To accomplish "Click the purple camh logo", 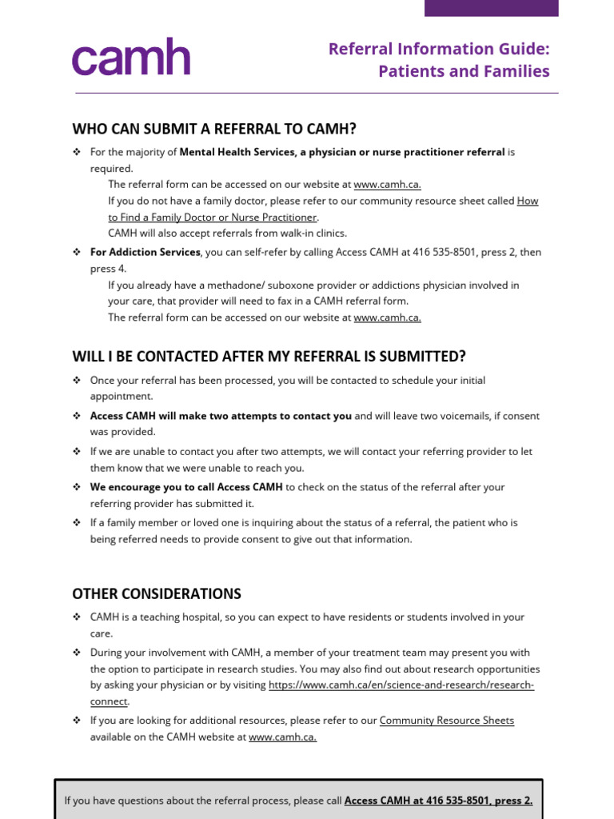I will (131, 58).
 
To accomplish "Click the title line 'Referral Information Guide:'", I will (439, 49).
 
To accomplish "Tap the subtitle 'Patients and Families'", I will (464, 71).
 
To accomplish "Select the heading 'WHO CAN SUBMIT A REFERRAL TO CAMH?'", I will (214, 129).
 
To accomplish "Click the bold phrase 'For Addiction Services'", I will (145, 252).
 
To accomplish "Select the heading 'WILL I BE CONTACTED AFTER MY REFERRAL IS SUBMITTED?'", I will (269, 356).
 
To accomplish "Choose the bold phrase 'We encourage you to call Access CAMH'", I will (185, 487).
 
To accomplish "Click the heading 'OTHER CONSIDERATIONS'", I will (157, 594).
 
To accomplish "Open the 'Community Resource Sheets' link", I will (446, 721).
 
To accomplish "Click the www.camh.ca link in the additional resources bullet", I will (282, 737).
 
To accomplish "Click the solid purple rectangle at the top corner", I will (491, 8).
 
